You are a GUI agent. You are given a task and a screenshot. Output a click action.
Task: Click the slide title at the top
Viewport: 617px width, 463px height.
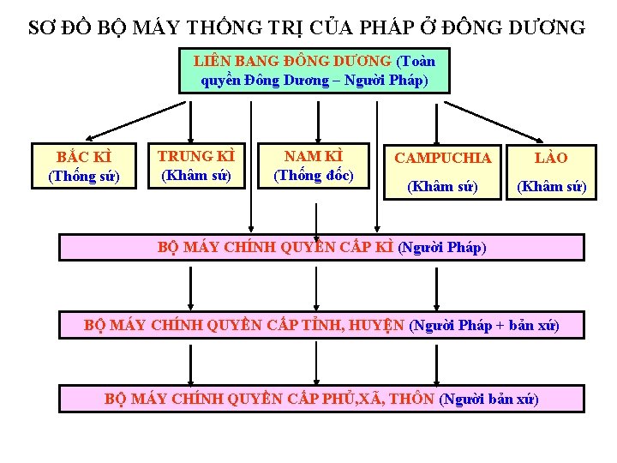tap(307, 27)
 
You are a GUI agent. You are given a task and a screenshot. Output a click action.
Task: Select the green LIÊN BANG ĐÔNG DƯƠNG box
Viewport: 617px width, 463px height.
tap(314, 70)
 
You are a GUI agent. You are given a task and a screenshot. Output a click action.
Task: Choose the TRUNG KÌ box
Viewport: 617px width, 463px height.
tap(195, 165)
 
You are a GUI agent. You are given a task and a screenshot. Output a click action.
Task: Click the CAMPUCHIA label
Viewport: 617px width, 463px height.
tap(442, 158)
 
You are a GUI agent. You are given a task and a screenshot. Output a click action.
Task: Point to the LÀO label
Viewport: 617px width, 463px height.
tap(551, 158)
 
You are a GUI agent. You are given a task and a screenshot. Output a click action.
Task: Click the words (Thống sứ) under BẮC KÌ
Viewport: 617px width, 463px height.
tap(84, 177)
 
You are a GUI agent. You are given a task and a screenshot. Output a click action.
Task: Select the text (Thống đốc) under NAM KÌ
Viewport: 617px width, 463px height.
tap(314, 175)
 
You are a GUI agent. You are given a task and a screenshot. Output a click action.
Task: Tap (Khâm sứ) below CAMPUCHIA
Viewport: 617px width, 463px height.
tap(442, 185)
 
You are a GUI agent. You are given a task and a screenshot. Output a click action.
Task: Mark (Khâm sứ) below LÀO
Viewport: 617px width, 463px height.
tap(551, 185)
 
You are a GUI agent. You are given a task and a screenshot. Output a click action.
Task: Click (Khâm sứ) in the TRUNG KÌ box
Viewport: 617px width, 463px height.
tap(195, 175)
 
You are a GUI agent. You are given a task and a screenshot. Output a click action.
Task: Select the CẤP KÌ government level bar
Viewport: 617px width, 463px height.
tap(321, 248)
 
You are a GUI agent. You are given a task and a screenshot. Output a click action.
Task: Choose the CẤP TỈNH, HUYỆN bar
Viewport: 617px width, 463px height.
tap(321, 325)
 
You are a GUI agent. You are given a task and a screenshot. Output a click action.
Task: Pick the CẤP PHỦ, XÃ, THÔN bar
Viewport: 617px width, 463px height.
tap(321, 399)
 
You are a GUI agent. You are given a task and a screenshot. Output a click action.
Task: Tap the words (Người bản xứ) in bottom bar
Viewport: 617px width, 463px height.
tap(488, 399)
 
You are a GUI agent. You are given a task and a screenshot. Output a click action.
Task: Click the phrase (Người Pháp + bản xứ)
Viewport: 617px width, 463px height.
tap(484, 325)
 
